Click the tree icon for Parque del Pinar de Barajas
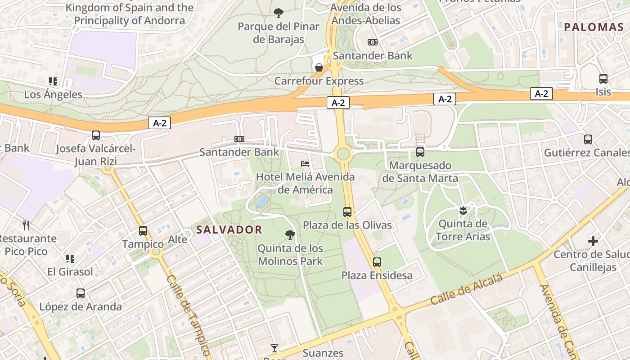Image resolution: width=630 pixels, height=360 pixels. (x=279, y=13)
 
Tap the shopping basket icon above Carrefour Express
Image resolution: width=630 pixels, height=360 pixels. (x=319, y=67)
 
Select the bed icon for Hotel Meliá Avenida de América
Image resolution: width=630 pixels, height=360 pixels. (x=305, y=163)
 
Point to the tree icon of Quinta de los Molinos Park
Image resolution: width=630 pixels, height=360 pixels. (x=290, y=234)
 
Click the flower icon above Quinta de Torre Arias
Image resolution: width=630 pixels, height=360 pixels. (x=463, y=210)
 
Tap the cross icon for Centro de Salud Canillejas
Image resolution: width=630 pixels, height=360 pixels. (x=593, y=241)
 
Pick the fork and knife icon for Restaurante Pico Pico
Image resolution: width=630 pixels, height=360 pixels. (x=26, y=225)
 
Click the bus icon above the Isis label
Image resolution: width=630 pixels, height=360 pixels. (x=603, y=79)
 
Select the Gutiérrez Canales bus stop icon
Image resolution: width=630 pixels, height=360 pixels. (x=588, y=139)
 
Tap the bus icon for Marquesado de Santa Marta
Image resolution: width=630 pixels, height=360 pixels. (x=420, y=152)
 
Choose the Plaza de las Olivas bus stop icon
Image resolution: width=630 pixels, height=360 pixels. (x=347, y=211)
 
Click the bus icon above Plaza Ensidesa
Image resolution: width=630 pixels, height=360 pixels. (x=377, y=262)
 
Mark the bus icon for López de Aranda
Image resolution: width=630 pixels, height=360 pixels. (x=81, y=293)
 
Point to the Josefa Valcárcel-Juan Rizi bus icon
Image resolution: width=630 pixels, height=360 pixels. (x=95, y=135)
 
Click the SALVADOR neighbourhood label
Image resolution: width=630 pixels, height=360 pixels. (x=229, y=229)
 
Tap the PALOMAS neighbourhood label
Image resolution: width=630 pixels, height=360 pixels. (x=594, y=27)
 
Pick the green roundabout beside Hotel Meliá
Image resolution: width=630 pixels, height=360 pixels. (x=343, y=154)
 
